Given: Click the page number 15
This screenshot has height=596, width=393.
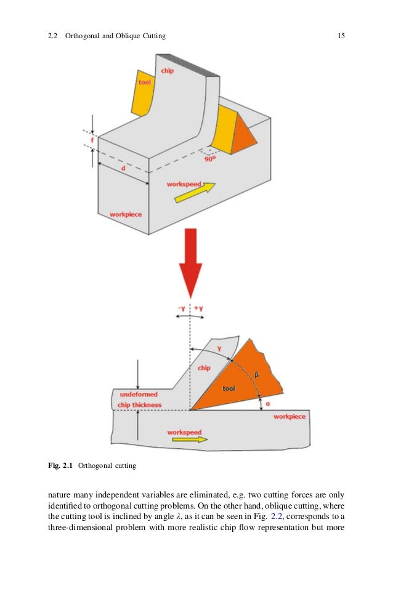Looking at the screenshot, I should [x=341, y=36].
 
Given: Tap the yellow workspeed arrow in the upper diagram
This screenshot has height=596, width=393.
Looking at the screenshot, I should [x=195, y=193].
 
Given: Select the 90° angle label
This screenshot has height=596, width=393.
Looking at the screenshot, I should [x=210, y=158].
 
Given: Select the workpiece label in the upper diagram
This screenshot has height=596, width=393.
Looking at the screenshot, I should [x=126, y=214].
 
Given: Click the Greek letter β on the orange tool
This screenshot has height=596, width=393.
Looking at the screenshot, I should [x=256, y=373].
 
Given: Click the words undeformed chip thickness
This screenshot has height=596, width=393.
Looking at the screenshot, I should [x=140, y=400].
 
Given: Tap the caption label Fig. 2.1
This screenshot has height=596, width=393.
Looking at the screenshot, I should [x=61, y=466].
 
